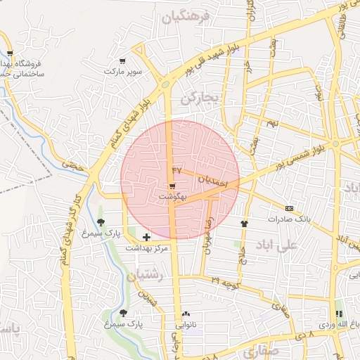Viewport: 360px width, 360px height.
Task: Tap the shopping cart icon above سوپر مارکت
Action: click(123, 62)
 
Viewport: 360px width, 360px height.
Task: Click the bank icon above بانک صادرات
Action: click(289, 209)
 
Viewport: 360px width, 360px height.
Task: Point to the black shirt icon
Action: click(244, 223)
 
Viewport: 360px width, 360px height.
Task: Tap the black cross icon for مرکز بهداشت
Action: click(146, 237)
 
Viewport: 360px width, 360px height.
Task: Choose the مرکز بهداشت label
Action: click(146, 248)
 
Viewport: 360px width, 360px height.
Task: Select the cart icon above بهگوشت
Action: click(172, 187)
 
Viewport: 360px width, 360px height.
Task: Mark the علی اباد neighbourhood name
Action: click(298, 245)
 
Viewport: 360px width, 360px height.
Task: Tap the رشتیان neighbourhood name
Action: click(144, 276)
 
